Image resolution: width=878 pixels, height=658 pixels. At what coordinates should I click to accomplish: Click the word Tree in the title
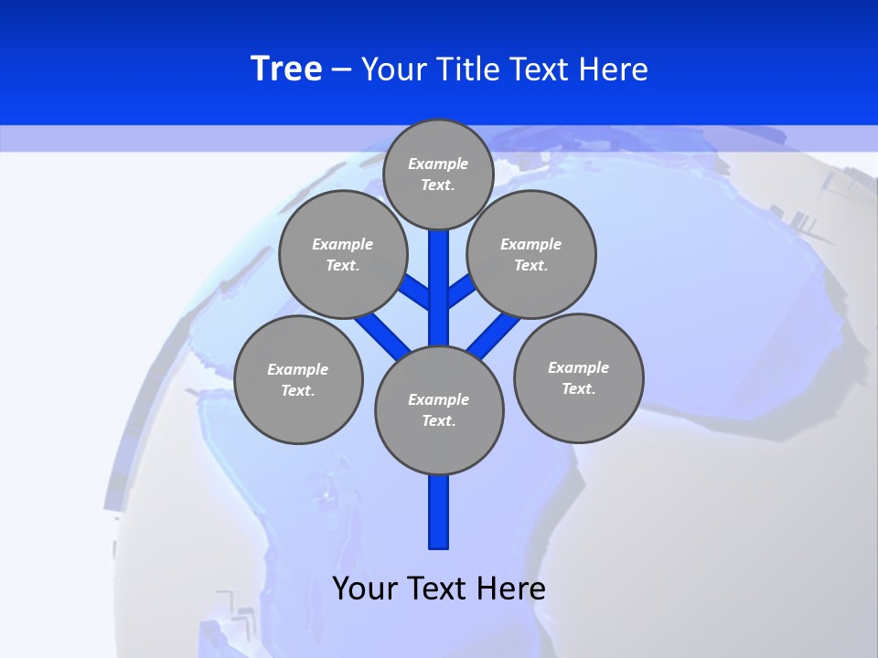coord(286,69)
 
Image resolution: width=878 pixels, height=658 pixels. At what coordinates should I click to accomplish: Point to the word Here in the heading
coord(614,69)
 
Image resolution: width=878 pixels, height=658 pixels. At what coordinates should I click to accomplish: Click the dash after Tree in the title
coord(341,69)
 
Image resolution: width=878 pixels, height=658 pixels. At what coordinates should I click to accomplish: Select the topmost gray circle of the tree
coord(438,174)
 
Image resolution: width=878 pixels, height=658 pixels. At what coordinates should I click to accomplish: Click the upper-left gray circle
coord(343,254)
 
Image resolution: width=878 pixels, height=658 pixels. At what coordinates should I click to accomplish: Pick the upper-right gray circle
coord(531,254)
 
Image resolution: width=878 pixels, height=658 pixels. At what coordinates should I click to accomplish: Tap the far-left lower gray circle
coord(298,379)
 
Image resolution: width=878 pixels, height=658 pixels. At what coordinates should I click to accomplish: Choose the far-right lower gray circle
coord(579,377)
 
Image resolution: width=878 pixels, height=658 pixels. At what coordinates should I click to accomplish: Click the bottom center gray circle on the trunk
coord(439,410)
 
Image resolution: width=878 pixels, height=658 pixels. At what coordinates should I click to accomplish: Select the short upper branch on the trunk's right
coord(460,291)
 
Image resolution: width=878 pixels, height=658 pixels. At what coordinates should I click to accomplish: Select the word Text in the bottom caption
coord(439,588)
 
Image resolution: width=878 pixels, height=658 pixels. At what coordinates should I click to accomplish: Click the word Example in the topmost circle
coord(438,164)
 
